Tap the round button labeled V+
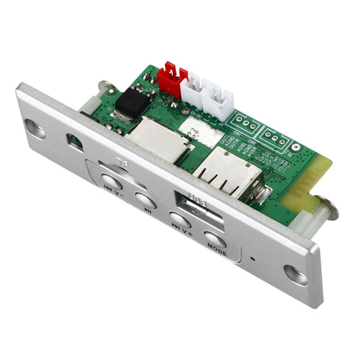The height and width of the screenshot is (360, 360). pyautogui.click(x=178, y=220)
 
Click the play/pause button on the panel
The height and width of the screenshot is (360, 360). pyautogui.click(x=145, y=199)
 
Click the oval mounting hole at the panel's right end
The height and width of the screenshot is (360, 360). pyautogui.click(x=295, y=273)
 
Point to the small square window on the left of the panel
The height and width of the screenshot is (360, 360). pyautogui.click(x=74, y=143)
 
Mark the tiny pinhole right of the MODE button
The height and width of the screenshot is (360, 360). pyautogui.click(x=251, y=258)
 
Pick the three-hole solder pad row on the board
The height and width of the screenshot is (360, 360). pyautogui.click(x=242, y=123)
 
